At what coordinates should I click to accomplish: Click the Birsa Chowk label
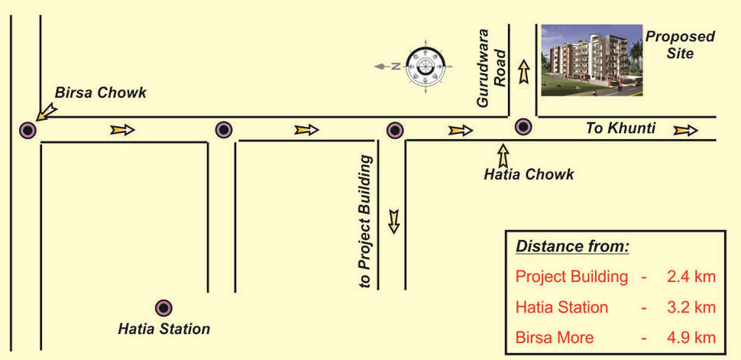tap(101, 92)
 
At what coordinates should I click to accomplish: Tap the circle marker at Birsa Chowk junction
tap(28, 130)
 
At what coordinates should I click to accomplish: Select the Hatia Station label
tap(163, 329)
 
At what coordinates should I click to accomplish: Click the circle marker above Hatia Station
tap(163, 308)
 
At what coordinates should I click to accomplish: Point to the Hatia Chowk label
tap(529, 174)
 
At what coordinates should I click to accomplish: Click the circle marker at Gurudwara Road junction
tap(523, 127)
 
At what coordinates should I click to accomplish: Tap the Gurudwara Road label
tap(492, 69)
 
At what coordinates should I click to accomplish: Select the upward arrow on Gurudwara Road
tap(523, 73)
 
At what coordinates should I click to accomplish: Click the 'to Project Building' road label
tap(366, 221)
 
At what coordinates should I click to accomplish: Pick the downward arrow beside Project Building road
tap(393, 221)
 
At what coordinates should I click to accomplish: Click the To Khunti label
tap(620, 128)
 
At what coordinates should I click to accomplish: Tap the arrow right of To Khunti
tap(685, 130)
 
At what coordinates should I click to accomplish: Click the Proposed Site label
tap(680, 45)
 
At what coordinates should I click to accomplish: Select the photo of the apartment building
tap(592, 60)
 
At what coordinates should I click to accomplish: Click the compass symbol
tap(419, 66)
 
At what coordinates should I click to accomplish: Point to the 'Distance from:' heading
tap(572, 246)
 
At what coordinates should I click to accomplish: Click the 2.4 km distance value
tap(691, 277)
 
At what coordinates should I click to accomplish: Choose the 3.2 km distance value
tap(691, 307)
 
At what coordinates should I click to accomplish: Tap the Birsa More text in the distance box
tap(555, 339)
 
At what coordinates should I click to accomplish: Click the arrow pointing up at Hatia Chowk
tap(503, 156)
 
